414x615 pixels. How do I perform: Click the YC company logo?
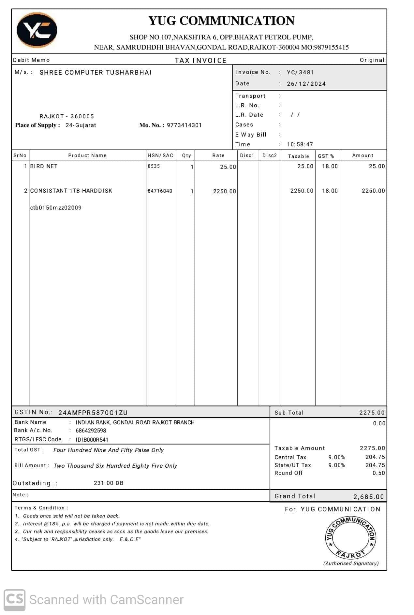(x=37, y=30)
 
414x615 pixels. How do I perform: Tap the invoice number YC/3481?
(x=300, y=72)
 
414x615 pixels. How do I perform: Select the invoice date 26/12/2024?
(x=306, y=84)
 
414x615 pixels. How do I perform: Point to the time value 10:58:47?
(x=300, y=144)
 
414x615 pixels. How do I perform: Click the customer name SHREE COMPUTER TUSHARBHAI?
(x=96, y=72)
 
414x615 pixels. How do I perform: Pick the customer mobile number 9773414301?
(x=184, y=125)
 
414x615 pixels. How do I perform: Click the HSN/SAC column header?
(x=160, y=155)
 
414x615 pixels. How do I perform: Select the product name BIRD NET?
(x=44, y=166)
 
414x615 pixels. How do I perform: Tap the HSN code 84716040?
(x=160, y=191)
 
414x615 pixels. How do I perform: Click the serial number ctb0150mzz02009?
(x=56, y=208)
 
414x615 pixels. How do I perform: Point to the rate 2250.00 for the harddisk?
(x=224, y=191)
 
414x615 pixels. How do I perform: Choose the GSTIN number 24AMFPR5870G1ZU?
(x=93, y=413)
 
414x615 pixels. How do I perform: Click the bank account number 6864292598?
(x=91, y=431)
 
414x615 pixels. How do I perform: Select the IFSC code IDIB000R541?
(x=92, y=440)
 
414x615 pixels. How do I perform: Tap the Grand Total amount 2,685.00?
(x=369, y=497)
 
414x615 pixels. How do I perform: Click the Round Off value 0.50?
(x=378, y=473)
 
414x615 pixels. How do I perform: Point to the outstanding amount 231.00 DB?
(x=109, y=483)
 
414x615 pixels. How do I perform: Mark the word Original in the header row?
(x=372, y=60)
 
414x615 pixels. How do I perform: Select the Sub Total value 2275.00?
(x=372, y=413)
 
